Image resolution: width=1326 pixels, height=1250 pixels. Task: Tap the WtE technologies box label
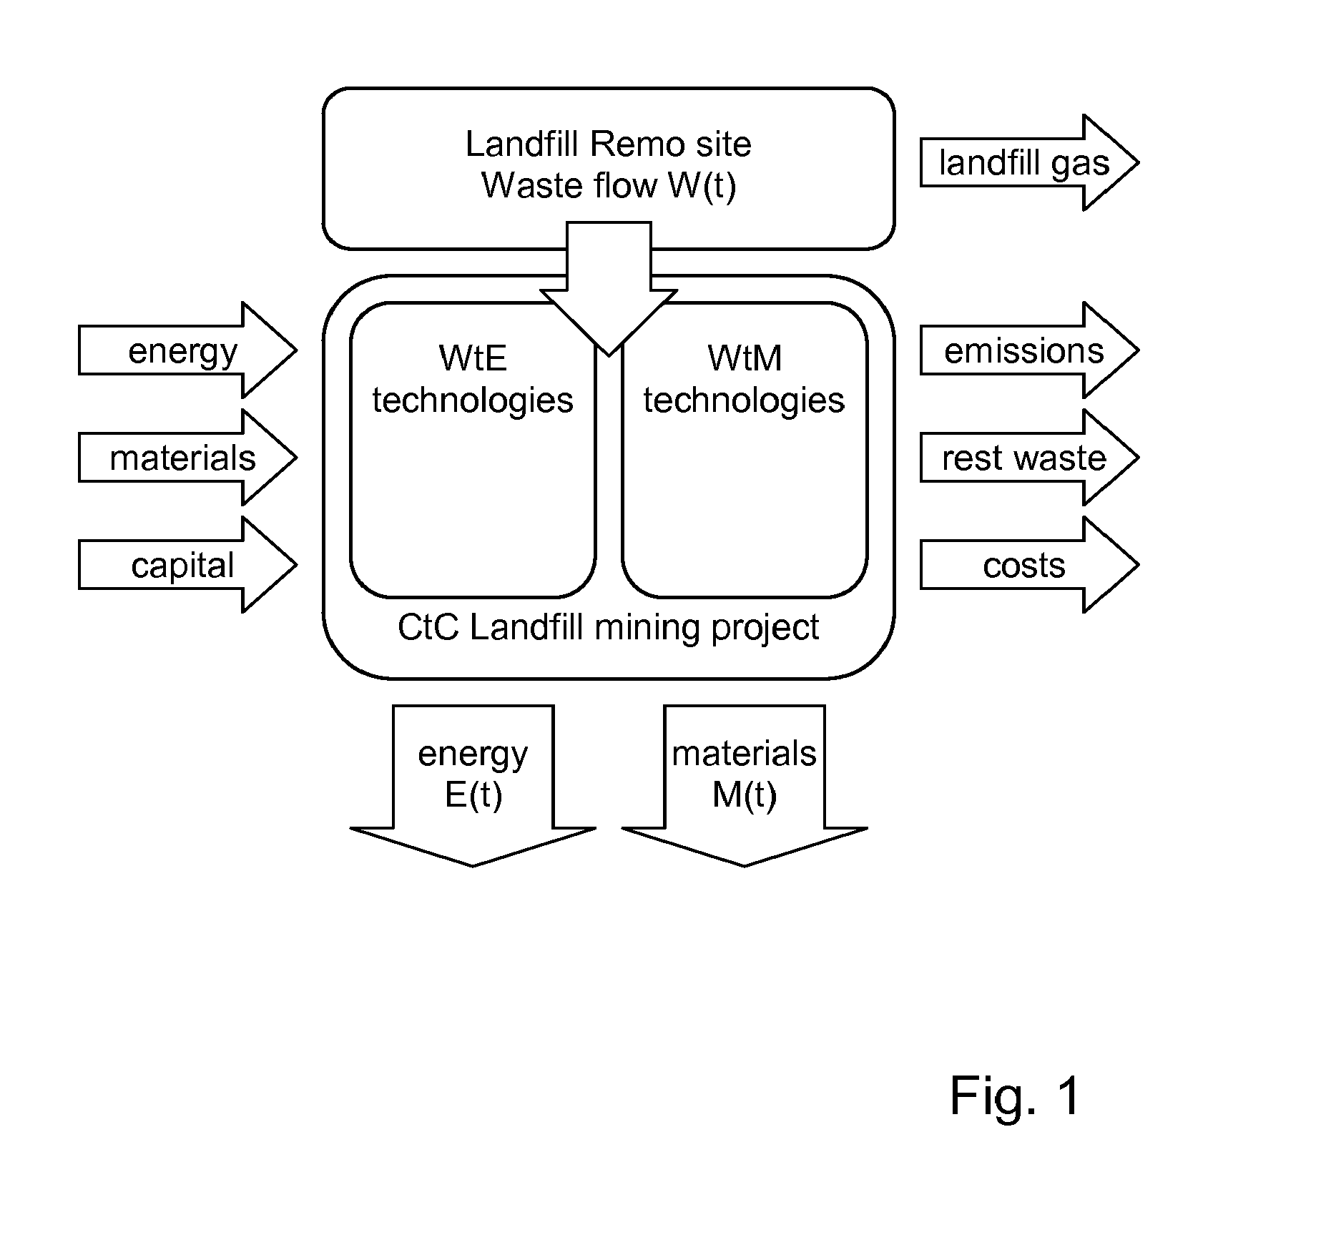coord(473,379)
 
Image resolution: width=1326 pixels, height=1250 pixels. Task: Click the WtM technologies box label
coord(745,379)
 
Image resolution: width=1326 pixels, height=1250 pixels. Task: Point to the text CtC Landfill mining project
coord(608,628)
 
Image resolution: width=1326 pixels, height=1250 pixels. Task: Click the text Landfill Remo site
coord(608,144)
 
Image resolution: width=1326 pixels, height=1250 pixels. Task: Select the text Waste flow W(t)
coord(608,185)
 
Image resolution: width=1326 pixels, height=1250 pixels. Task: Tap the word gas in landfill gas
coord(1080,164)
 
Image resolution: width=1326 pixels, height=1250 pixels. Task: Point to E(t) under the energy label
coord(473,794)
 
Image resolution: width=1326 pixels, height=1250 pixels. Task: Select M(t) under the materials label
coord(745,794)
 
